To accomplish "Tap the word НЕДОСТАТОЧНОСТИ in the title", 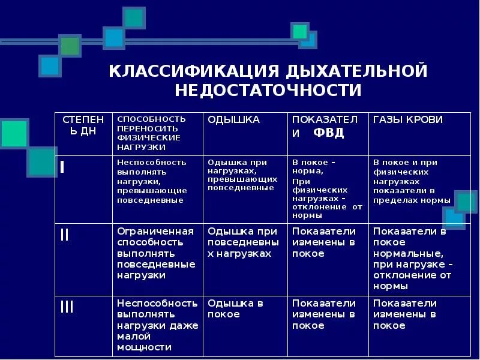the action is (x=268, y=91).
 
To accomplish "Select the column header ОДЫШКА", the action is (x=233, y=120).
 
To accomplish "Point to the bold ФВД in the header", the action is (x=329, y=133).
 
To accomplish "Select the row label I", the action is (x=62, y=168).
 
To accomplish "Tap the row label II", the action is (x=65, y=235).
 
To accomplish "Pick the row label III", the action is (x=67, y=308).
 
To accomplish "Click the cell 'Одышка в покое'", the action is (x=235, y=308).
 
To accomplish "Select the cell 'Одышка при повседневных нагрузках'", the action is (x=242, y=242).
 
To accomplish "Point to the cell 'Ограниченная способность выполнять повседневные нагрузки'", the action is (x=156, y=253).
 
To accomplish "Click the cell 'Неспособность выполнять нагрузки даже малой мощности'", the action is (x=157, y=325).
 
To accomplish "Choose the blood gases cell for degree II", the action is (x=411, y=259).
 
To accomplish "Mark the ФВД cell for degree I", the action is (x=326, y=188).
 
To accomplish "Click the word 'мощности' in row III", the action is (x=144, y=347).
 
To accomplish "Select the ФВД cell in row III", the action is (x=324, y=314).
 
